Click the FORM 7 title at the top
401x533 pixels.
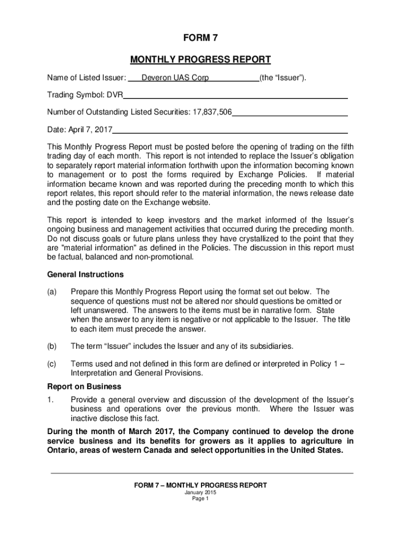coord(200,38)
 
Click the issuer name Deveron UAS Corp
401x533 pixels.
coord(175,78)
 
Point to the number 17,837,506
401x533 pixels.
coord(211,112)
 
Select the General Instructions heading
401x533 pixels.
coord(85,274)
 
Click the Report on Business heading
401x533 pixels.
coord(84,387)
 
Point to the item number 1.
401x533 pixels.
coord(50,400)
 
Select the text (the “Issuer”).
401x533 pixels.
coord(283,78)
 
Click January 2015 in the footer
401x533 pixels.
coord(200,492)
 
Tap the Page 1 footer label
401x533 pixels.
coord(200,499)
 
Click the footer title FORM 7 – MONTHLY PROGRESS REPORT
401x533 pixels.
coord(200,485)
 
